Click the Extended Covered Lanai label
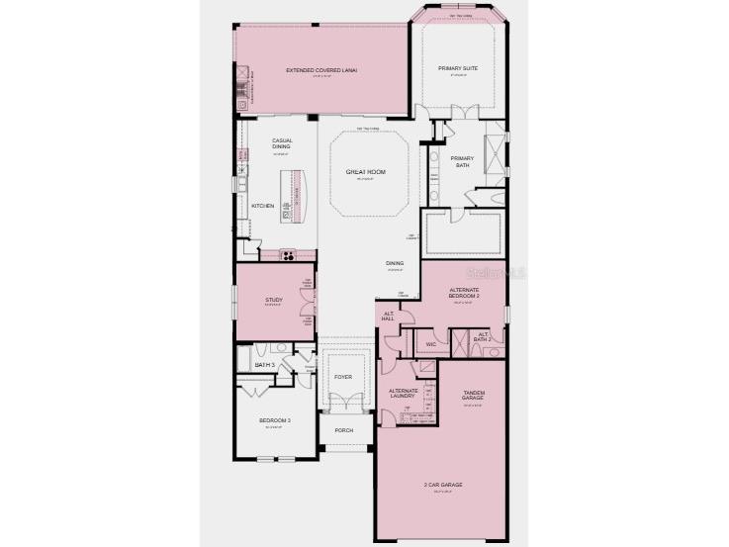click(321, 70)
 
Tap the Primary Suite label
click(458, 68)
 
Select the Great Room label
click(365, 172)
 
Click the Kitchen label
click(262, 205)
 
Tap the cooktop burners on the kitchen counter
click(289, 254)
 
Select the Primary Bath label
click(463, 161)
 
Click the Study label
click(274, 300)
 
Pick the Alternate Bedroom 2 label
click(464, 291)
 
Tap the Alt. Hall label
click(388, 317)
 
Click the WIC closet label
click(431, 344)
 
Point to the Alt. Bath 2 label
click(484, 336)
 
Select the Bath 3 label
click(263, 365)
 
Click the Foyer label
click(343, 377)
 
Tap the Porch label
click(343, 430)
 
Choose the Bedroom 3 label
click(272, 421)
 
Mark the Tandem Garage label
click(473, 396)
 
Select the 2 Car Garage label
click(444, 485)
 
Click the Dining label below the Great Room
click(395, 263)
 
